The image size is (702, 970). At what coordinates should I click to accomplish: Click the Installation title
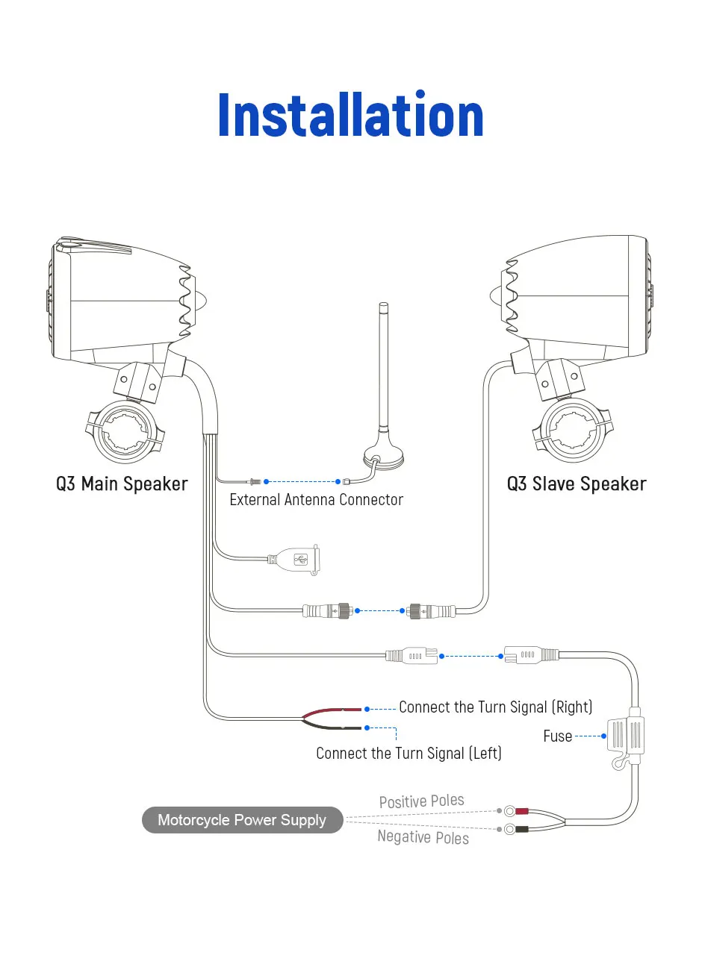[x=351, y=116]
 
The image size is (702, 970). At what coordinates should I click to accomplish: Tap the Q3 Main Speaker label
[x=122, y=484]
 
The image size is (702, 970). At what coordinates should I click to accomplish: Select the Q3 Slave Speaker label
[x=577, y=484]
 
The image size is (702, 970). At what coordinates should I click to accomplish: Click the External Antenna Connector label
[x=316, y=500]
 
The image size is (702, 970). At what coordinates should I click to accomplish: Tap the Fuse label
[x=557, y=736]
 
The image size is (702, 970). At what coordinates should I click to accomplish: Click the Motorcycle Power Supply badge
[x=242, y=820]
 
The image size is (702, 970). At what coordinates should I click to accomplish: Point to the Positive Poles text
[x=421, y=801]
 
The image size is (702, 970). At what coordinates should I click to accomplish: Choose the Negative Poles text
[x=423, y=837]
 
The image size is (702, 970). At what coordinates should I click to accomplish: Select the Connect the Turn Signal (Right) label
[x=495, y=707]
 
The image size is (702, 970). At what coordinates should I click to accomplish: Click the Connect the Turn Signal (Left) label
[x=409, y=754]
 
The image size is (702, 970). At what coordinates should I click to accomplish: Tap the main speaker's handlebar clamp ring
[x=125, y=431]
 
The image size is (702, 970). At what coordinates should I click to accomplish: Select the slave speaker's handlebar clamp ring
[x=573, y=431]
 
